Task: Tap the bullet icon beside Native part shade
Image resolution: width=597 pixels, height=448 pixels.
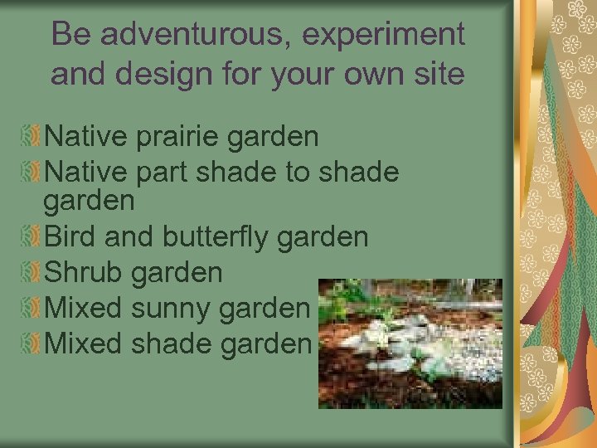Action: pos(30,172)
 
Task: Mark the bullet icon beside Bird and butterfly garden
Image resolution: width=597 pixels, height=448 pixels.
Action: pos(30,237)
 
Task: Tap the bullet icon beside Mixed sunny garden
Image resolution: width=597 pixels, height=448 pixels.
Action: pos(30,308)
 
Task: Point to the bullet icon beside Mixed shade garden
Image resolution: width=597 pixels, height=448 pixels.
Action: pos(30,343)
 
